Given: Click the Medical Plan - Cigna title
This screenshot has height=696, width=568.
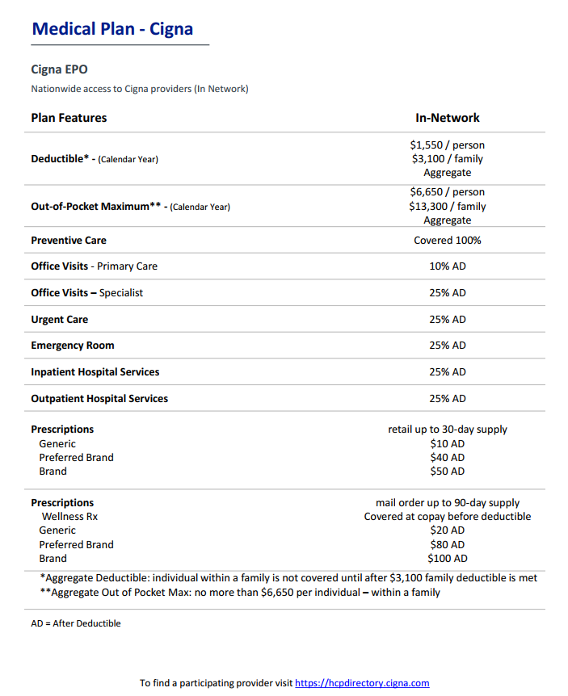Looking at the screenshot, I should [x=112, y=29].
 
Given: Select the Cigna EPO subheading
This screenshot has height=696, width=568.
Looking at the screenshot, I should [x=59, y=69].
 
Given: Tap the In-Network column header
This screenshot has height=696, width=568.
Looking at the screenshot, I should [x=448, y=118].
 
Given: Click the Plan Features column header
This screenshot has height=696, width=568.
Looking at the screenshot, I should [x=69, y=118].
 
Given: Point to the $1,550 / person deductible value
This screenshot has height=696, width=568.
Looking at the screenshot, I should [x=448, y=145].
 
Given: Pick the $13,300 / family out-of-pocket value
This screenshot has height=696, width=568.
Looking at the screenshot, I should [x=448, y=206].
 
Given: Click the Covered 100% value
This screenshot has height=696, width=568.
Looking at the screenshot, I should [x=448, y=241].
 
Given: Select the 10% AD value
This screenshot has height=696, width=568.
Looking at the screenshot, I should [x=448, y=266].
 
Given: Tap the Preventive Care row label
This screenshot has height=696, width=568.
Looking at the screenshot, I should [x=69, y=241].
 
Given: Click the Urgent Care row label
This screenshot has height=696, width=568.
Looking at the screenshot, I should [x=60, y=320].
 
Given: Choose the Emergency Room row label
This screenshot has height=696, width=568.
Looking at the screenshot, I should [x=73, y=346].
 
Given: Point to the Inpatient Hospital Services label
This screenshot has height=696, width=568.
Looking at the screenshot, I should [x=95, y=372].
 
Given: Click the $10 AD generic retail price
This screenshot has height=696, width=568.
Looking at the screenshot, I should [x=448, y=443].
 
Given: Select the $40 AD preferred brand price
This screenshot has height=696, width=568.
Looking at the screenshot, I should [x=448, y=457].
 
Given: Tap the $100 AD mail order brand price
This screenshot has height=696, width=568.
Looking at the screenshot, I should [x=448, y=558].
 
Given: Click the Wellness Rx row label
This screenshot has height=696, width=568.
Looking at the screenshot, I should [x=69, y=517].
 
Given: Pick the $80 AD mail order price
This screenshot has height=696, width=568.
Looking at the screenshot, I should [x=448, y=544].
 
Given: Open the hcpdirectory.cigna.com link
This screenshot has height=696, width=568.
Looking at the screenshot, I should [x=362, y=683].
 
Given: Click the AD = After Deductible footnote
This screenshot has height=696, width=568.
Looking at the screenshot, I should [x=76, y=623].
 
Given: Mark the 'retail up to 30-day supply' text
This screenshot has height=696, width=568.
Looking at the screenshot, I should [x=448, y=430].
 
